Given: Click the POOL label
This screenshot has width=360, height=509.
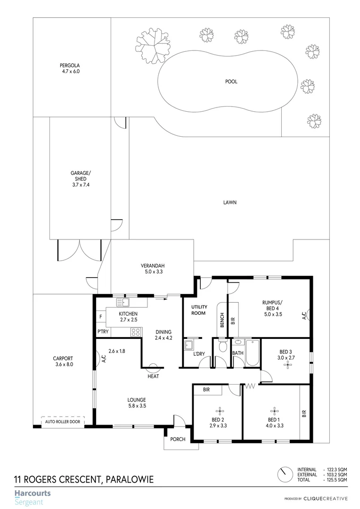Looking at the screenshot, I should (231, 82).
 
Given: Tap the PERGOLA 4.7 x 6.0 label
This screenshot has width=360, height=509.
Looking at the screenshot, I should (70, 68).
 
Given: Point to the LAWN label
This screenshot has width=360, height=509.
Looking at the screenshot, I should (229, 203).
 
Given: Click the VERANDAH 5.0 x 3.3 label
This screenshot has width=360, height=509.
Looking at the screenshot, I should (152, 268).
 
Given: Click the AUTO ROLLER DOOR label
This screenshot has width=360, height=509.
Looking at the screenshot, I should (63, 422).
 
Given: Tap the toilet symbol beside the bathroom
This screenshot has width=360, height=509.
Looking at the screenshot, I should (223, 347).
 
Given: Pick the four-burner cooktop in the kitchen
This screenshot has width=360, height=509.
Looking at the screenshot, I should (136, 332).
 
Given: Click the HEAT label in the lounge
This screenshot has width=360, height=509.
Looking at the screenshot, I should (152, 376).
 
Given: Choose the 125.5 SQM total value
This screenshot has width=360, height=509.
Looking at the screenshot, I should (337, 480).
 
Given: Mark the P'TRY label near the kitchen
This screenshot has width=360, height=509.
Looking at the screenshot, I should (102, 332).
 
